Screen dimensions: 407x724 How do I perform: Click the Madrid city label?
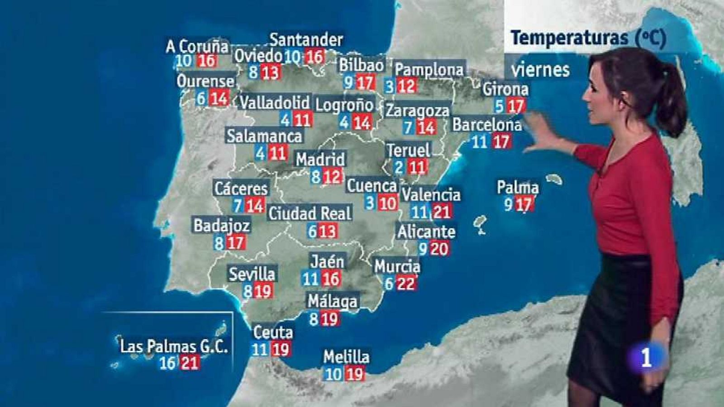tap(320, 159)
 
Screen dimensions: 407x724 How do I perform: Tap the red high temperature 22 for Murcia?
tap(405, 284)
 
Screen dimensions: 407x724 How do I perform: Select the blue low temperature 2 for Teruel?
tap(399, 167)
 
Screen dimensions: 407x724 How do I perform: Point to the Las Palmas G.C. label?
tap(174, 346)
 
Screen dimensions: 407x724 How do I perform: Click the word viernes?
tap(540, 70)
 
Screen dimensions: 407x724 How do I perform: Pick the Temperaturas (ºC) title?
tap(588, 38)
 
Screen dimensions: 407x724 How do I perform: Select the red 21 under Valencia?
tap(441, 211)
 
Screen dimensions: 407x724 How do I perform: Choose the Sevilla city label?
tap(252, 274)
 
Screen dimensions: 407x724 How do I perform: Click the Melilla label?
tap(346, 357)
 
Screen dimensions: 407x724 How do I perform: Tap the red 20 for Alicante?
tap(438, 248)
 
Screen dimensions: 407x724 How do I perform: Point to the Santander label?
tap(306, 40)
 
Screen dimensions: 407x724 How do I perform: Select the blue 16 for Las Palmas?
tap(167, 363)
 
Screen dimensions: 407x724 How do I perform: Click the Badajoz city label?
tap(222, 225)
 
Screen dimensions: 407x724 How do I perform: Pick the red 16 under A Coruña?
tap(207, 61)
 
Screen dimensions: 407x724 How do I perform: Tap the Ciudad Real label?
tap(310, 213)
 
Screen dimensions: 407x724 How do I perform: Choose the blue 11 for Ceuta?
tap(260, 349)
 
